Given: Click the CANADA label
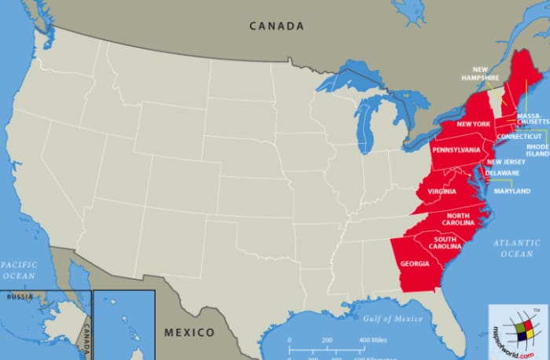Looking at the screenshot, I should click(277, 26).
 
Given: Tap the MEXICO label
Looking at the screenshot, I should click(189, 332).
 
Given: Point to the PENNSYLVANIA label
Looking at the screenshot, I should click(457, 149).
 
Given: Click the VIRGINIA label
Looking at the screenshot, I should click(442, 192).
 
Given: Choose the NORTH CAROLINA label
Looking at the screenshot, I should click(459, 219).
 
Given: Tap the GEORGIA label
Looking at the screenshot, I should click(414, 263).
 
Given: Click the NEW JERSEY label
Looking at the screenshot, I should click(506, 162).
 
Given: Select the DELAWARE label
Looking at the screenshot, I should click(502, 173).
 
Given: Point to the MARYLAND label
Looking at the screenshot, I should click(511, 191).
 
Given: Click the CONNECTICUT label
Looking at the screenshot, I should click(519, 137).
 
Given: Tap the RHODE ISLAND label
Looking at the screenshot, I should click(537, 150).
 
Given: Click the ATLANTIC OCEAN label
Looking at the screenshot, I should click(517, 248).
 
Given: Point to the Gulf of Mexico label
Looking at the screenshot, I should click(393, 319).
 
